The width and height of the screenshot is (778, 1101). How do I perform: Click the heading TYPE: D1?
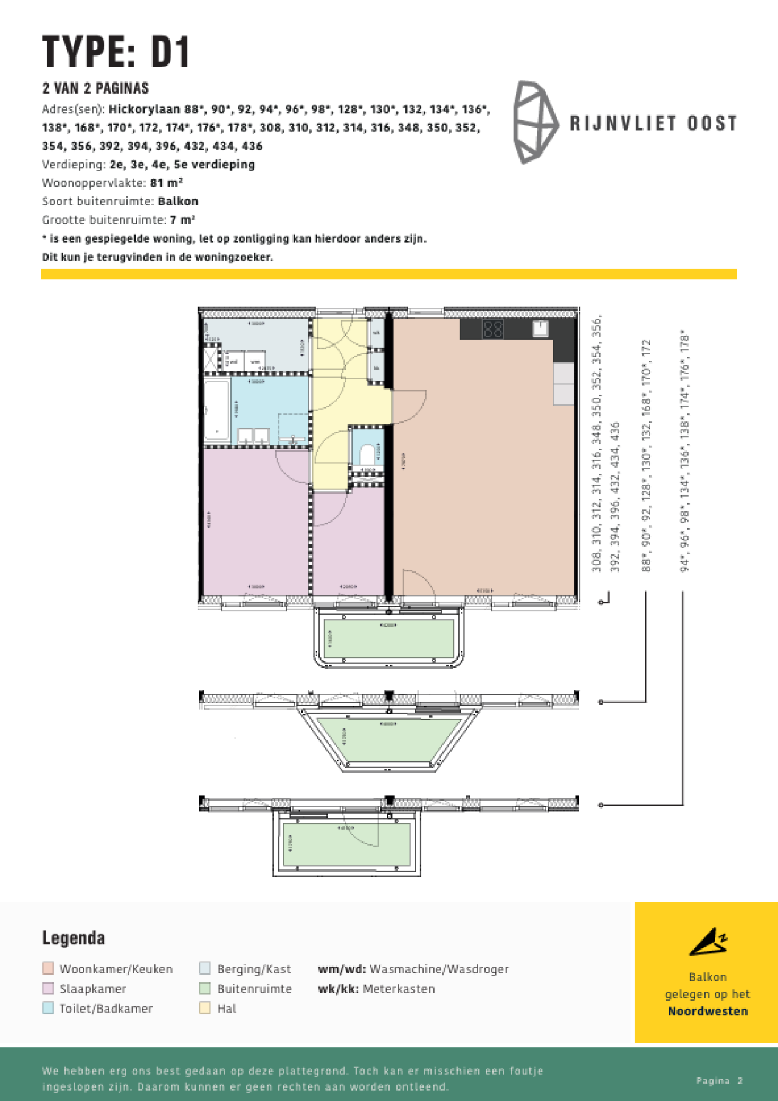point(116,52)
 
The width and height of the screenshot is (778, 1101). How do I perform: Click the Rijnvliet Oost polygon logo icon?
point(535,122)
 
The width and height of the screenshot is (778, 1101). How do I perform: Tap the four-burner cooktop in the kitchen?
point(493,330)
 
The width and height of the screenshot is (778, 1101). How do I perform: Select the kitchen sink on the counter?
point(540,329)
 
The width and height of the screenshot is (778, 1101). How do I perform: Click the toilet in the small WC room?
point(367,454)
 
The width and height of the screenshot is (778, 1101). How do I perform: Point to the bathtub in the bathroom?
point(216,409)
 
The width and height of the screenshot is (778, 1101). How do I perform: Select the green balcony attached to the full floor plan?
point(389,638)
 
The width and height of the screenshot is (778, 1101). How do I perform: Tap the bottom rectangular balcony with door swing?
point(346,845)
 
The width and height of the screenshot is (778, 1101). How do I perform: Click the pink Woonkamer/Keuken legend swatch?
point(48,968)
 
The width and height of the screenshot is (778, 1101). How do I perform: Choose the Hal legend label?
point(227,1009)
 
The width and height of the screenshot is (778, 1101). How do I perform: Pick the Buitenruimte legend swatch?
point(205,989)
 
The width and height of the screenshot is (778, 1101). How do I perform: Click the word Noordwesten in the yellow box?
point(707,1011)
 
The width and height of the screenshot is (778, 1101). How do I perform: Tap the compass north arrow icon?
point(707,942)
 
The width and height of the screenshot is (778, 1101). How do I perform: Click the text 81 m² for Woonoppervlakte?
point(167,183)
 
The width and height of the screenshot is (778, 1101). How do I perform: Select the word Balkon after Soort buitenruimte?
point(178,201)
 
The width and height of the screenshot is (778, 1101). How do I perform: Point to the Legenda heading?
point(74,938)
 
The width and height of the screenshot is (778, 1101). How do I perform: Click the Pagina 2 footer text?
point(720,1080)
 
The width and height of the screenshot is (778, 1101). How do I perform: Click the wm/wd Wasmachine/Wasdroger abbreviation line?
point(413,969)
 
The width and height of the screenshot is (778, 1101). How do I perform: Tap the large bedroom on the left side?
point(255,523)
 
